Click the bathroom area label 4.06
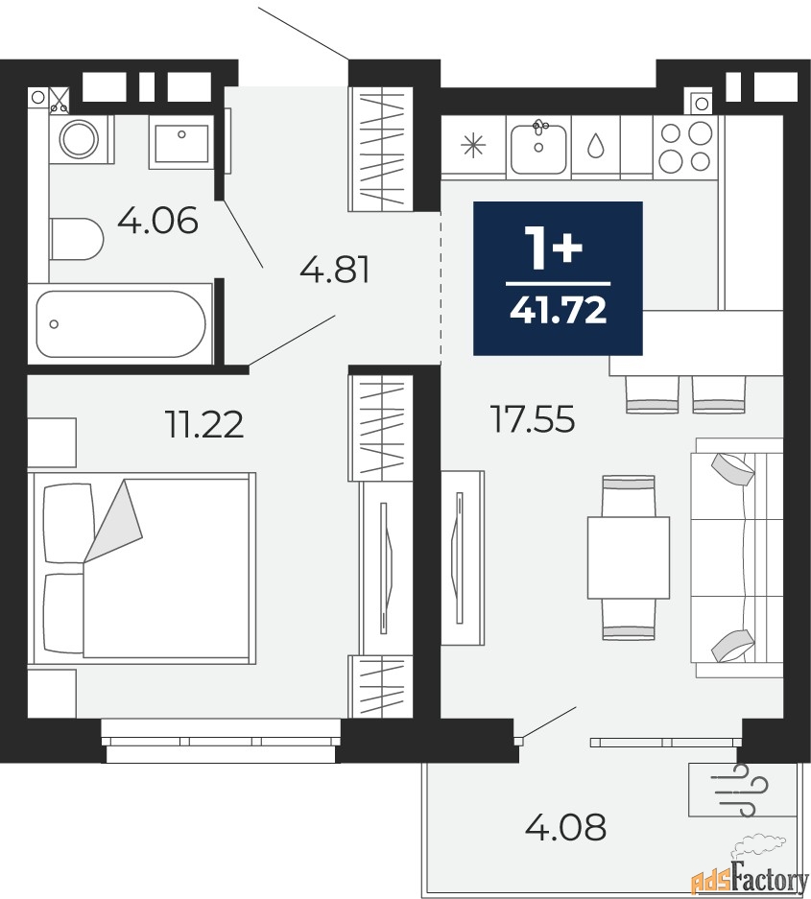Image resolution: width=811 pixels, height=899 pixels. coord(157,220)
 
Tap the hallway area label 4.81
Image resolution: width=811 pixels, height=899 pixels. coord(335,270)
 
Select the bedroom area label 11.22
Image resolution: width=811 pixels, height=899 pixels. coord(204,424)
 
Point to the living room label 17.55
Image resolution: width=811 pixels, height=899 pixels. coord(533,418)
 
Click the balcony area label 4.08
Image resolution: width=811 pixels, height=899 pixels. coord(565,827)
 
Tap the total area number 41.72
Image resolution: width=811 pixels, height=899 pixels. coord(558,311)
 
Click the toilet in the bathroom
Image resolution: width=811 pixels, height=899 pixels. coord(76,239)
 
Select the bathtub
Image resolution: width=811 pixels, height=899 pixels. coord(120,323)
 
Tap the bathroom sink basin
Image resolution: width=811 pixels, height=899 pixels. coord(181,142)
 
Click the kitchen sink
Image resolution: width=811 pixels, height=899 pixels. coord(538,148)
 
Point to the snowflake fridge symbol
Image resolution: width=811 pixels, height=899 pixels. coord(473,145)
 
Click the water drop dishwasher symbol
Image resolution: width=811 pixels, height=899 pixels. coord(596,146)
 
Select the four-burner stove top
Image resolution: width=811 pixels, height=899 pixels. coord(685,148)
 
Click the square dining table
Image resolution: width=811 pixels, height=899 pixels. coord(629,557)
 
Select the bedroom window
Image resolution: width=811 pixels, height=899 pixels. coord(222,741)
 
